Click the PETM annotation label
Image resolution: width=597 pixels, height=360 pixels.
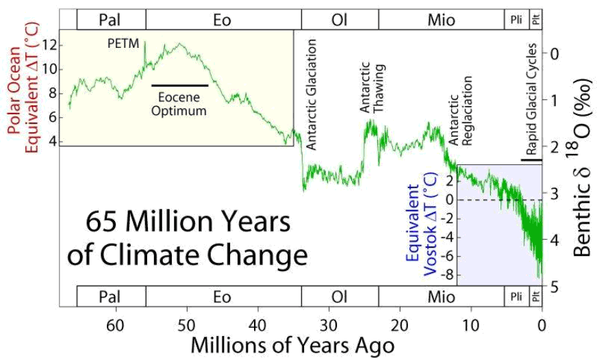[x=123, y=44]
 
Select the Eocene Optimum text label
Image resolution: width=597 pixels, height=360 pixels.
[x=179, y=103]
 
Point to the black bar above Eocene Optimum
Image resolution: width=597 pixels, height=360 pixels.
[x=179, y=86]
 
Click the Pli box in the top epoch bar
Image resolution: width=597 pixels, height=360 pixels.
[x=516, y=20]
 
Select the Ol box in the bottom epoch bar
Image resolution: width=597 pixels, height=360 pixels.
[x=340, y=296]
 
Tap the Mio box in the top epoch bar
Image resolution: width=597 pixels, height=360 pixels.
[x=441, y=20]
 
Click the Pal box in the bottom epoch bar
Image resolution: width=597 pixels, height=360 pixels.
[x=112, y=296]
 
